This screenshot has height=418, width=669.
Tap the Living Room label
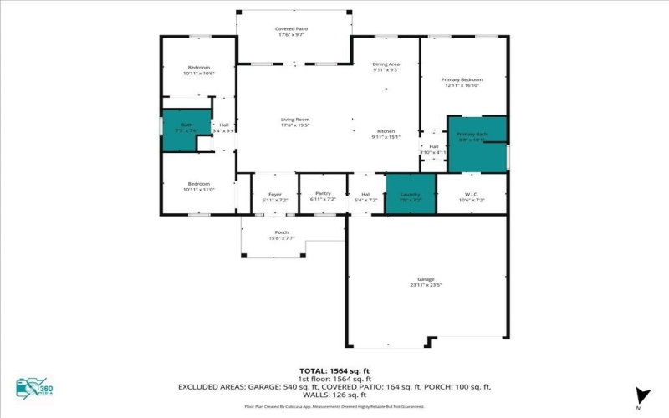coord(295,120)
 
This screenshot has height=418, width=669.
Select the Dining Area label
coord(386,64)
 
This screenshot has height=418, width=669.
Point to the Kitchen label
coord(386,131)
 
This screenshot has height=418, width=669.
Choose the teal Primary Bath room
coord(477,144)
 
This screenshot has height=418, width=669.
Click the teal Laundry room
coord(411,195)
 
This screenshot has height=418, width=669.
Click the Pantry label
coord(322,195)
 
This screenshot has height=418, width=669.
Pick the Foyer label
coord(274,195)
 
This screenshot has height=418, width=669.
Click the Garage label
coord(426,279)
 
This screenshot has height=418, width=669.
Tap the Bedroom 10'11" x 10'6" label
coord(198,67)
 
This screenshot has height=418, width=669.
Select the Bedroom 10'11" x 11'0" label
coord(198,184)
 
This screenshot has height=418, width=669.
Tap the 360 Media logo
coord(33,390)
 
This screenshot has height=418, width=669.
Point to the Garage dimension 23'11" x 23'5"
coord(426,285)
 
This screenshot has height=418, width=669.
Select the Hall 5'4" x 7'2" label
coord(365,197)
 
